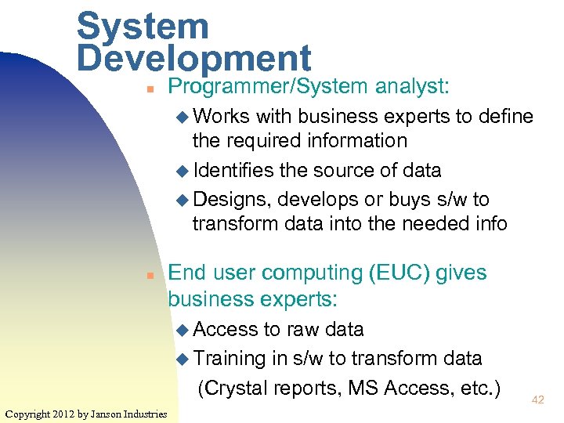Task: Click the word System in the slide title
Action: click(x=143, y=27)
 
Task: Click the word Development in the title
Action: click(x=194, y=59)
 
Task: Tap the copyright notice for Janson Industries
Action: click(x=85, y=414)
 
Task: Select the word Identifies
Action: click(x=233, y=171)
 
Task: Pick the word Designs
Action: click(x=230, y=199)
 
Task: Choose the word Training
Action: click(x=230, y=359)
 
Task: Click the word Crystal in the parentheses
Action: click(x=236, y=387)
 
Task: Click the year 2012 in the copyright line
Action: click(x=63, y=414)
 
